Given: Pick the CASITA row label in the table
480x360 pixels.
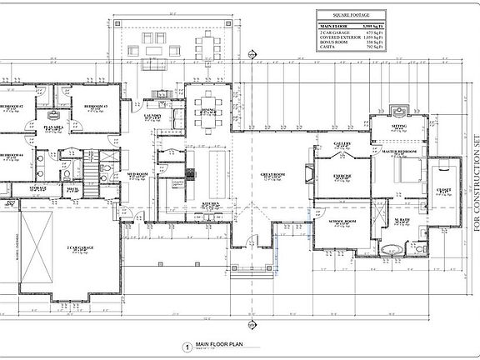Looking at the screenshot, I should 327,47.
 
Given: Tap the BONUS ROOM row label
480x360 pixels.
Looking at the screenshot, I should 333,42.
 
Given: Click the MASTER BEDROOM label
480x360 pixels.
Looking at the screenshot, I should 400,152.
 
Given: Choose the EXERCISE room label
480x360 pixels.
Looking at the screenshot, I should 342,177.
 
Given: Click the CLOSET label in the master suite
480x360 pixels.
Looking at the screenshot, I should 444,191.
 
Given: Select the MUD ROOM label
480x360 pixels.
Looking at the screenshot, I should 137,176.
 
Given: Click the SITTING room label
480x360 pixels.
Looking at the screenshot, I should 399,125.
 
